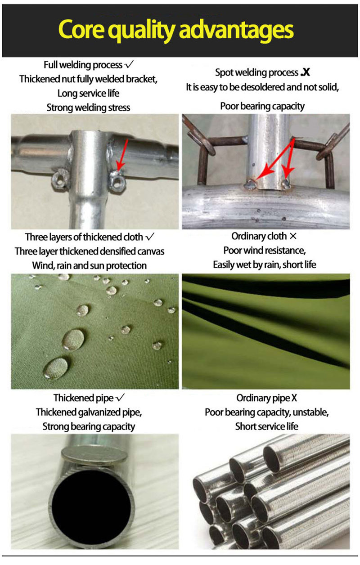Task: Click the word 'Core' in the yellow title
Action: coord(81,30)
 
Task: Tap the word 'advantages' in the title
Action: coord(236,31)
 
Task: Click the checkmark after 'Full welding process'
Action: coord(129,64)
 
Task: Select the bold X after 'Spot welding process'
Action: coord(305,72)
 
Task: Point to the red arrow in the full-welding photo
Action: coord(122,154)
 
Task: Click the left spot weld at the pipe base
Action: coord(251,184)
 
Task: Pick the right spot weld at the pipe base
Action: coord(286,184)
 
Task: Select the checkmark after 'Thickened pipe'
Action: coord(120,398)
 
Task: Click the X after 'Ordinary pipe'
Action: coord(294,398)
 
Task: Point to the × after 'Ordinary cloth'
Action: coord(293,236)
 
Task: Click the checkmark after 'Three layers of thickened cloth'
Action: coord(150,237)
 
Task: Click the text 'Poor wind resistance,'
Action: coord(265,250)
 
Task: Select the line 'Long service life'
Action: coord(88,93)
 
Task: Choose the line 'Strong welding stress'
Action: coord(88,108)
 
